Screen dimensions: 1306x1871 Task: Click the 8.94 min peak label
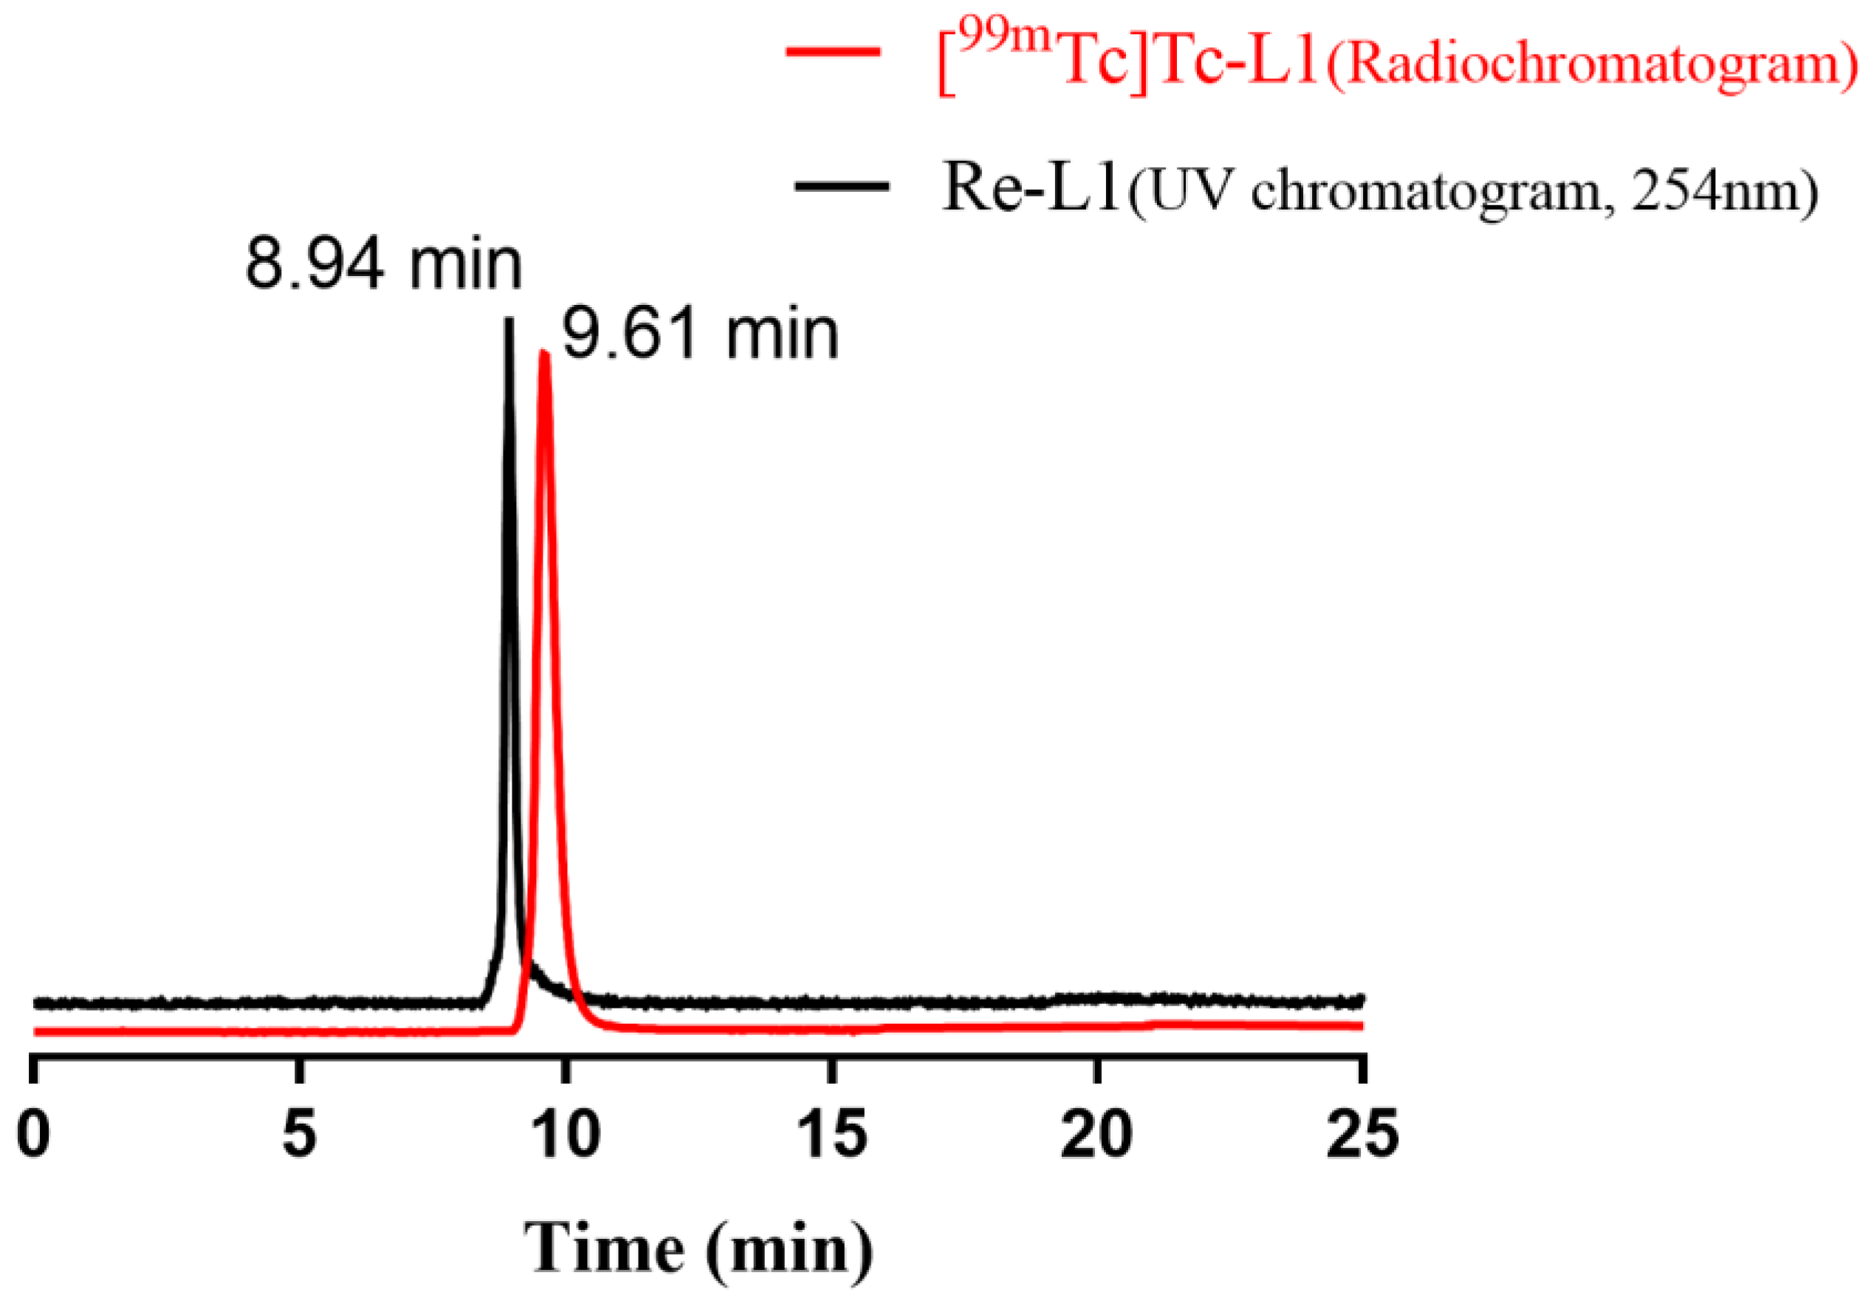tap(383, 265)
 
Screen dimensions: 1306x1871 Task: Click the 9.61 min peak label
tap(700, 335)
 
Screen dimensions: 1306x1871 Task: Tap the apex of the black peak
tap(509, 320)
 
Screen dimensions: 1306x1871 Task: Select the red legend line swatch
tap(833, 52)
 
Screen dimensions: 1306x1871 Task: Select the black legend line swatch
tap(841, 187)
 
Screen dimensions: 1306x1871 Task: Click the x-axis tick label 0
tap(33, 1134)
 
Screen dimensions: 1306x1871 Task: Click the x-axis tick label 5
tap(299, 1134)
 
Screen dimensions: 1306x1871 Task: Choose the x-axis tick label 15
tap(832, 1134)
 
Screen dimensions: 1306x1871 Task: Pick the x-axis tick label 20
tap(1097, 1134)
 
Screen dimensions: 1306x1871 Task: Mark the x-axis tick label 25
tap(1362, 1134)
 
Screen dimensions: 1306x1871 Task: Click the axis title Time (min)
tap(698, 1249)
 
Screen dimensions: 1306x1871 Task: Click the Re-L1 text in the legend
tap(1031, 188)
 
